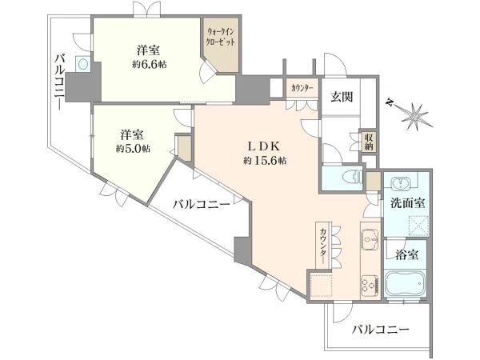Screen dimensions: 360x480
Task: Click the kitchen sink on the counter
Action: [370, 239]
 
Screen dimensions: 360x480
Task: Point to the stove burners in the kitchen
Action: [370, 284]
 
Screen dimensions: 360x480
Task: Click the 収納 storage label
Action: [369, 142]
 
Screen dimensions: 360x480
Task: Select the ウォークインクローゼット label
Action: [218, 37]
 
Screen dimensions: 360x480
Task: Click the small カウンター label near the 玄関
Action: [302, 87]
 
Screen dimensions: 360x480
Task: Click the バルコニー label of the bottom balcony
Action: [381, 329]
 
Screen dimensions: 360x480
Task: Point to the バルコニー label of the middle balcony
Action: [202, 205]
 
